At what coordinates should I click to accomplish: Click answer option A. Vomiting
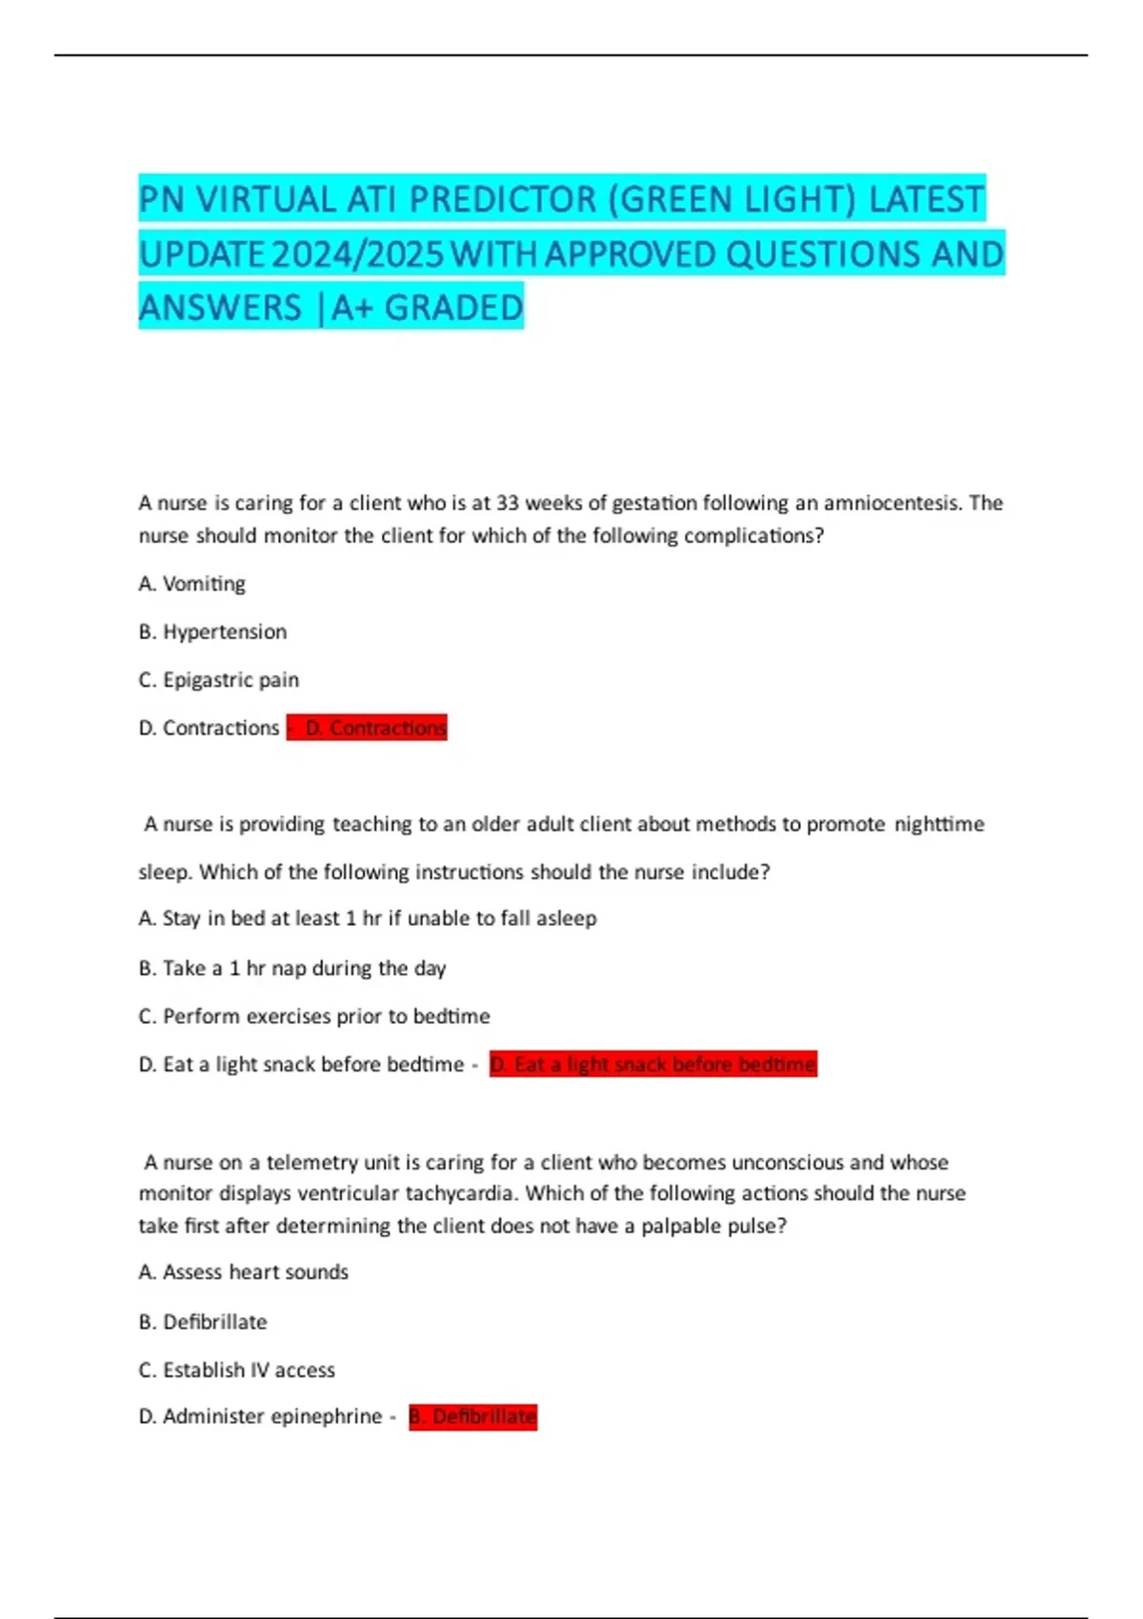point(191,584)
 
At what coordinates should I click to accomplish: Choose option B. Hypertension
point(212,631)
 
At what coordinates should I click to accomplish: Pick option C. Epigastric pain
point(218,680)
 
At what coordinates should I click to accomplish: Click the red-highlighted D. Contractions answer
point(368,729)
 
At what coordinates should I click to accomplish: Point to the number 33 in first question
point(508,503)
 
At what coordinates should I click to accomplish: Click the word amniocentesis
point(892,503)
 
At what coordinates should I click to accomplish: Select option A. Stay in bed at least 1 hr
point(368,919)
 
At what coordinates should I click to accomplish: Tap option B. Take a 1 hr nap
point(291,969)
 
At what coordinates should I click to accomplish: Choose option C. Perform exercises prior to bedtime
point(314,1016)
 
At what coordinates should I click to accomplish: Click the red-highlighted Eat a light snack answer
point(653,1065)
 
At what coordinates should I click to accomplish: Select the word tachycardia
point(462,1193)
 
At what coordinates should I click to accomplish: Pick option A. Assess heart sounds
point(244,1272)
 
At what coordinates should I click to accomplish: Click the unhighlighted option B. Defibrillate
point(203,1322)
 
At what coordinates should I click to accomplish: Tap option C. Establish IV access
point(237,1370)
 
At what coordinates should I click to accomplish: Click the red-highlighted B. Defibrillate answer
point(473,1417)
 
